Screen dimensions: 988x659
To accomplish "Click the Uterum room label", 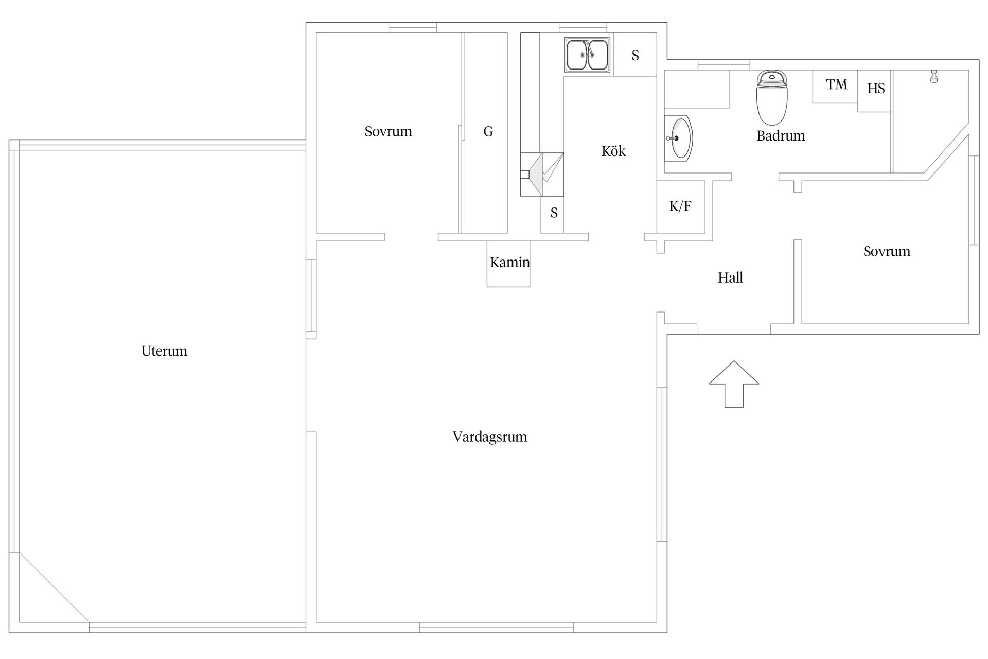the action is coord(164,351).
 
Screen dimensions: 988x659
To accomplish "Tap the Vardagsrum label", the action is coord(490,437).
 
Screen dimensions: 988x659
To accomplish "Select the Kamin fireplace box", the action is coord(508,264).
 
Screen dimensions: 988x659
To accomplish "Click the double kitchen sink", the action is coord(588,54).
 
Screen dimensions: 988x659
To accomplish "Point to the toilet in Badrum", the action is coord(772,97).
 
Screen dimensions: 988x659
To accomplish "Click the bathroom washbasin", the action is coord(678,138).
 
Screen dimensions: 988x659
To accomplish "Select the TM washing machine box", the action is coord(835,86).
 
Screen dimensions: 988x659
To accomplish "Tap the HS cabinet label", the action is coord(876,89).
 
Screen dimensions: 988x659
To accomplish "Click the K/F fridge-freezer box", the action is coord(681,206).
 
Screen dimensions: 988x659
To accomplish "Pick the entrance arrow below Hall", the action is coord(734,384).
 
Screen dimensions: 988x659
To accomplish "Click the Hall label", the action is coord(730,278).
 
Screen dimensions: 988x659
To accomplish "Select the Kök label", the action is coord(613,151).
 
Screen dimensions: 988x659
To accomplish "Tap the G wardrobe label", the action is coord(488,132).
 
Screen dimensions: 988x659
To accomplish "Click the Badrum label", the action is coord(781,136).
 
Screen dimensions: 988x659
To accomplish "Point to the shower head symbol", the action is coord(933,76).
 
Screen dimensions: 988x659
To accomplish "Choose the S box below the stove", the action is coord(552,215).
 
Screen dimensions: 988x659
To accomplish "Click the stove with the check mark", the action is coord(542,175).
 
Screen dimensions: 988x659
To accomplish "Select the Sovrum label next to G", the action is coord(388,132).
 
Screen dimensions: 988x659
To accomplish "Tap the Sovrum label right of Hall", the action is coord(887,252).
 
